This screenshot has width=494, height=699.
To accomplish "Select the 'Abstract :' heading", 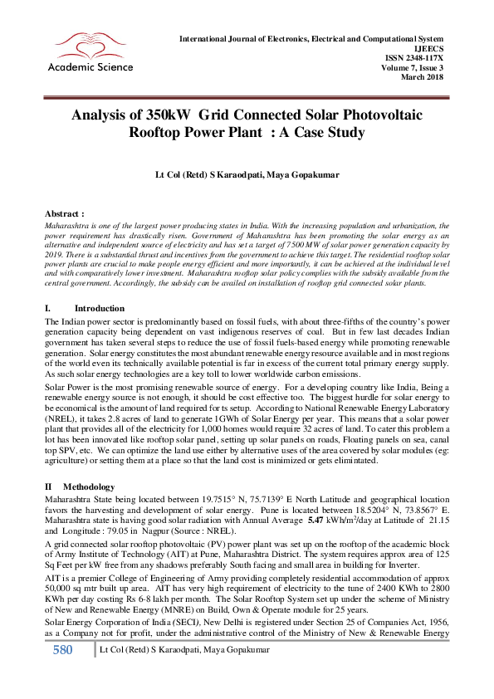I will click(64, 213).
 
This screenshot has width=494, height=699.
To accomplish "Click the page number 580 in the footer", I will click(62, 673).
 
